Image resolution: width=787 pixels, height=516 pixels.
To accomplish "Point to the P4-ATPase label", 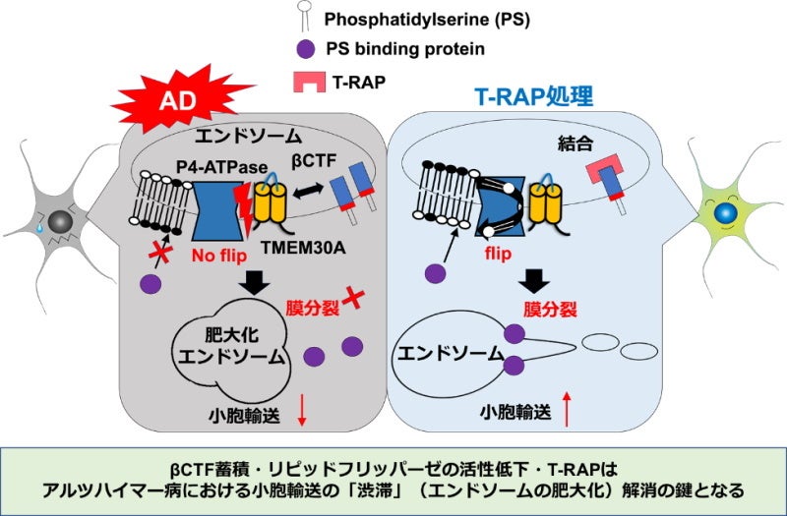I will (x=217, y=167).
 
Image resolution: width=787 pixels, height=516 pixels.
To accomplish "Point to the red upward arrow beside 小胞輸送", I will (x=568, y=410).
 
